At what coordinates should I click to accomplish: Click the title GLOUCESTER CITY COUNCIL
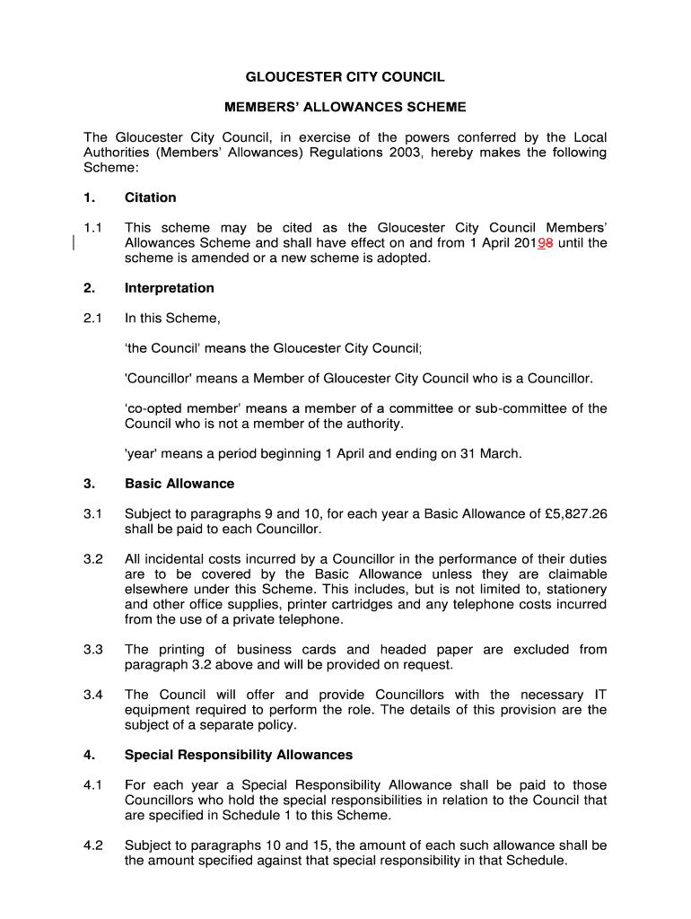pyautogui.click(x=345, y=78)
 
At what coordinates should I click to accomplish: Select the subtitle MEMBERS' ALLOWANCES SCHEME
pyautogui.click(x=345, y=108)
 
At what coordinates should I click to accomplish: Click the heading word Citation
pyautogui.click(x=151, y=197)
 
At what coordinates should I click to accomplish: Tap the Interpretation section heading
pyautogui.click(x=170, y=288)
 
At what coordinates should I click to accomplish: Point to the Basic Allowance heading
pyautogui.click(x=179, y=484)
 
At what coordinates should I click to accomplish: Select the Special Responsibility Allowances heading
pyautogui.click(x=239, y=755)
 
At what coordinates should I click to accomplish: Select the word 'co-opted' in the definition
pyautogui.click(x=153, y=408)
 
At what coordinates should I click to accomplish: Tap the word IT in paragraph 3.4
pyautogui.click(x=599, y=695)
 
